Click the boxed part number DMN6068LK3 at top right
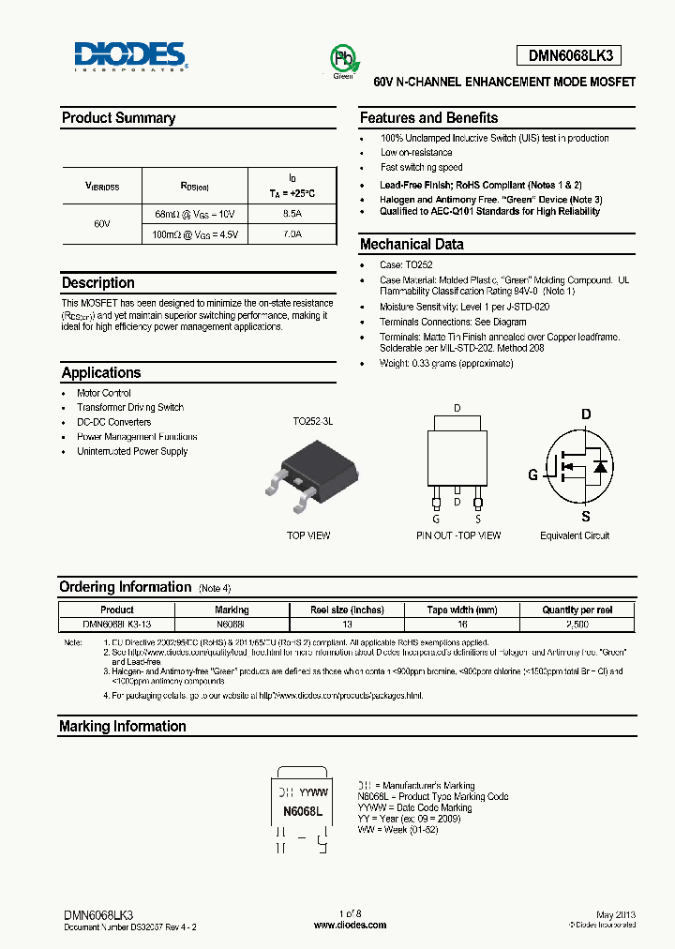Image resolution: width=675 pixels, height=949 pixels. (570, 56)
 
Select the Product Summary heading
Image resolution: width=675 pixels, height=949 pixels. (118, 118)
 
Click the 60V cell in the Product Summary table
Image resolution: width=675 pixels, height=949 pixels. (102, 225)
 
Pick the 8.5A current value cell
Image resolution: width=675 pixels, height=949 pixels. (292, 214)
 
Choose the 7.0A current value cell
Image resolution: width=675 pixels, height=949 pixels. (292, 234)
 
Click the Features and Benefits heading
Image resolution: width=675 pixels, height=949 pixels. (429, 118)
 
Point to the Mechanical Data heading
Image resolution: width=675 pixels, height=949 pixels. (412, 244)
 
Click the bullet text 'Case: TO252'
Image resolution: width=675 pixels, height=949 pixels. (406, 265)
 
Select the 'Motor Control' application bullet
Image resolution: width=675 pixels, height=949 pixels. (104, 393)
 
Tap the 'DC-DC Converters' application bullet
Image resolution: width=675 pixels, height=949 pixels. (113, 422)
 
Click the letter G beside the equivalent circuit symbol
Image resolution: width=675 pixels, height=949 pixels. (532, 474)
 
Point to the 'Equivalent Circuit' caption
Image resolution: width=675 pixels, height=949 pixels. (575, 535)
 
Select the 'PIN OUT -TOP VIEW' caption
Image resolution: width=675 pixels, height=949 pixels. (458, 535)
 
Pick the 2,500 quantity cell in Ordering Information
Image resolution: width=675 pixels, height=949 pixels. (578, 624)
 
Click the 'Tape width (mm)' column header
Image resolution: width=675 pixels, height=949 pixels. (462, 610)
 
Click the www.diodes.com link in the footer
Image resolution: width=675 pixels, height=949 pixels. (350, 925)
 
